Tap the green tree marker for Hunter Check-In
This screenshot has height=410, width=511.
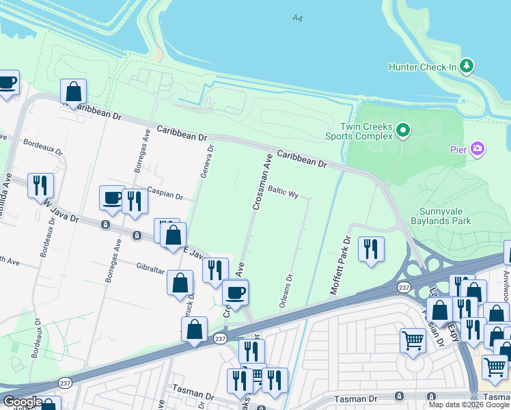tap(467, 66)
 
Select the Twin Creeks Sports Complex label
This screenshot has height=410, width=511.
tap(368, 131)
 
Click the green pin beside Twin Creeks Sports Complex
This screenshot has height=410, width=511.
tap(404, 131)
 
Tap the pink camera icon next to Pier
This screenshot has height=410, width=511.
tap(478, 149)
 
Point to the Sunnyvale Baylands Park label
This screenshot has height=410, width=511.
tap(441, 216)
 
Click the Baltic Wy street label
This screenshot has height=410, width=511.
tap(284, 194)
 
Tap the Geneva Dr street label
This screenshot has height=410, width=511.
tap(207, 161)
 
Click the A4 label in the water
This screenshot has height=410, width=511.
tap(296, 18)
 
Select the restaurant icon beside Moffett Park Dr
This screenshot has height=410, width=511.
tap(371, 249)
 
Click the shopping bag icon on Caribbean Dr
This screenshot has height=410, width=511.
tap(73, 92)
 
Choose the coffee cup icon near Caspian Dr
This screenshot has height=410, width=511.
tap(112, 197)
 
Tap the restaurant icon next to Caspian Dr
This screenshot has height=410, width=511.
tap(135, 201)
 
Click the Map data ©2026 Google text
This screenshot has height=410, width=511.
tap(469, 405)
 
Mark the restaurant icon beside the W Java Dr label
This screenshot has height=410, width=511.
tap(40, 184)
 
